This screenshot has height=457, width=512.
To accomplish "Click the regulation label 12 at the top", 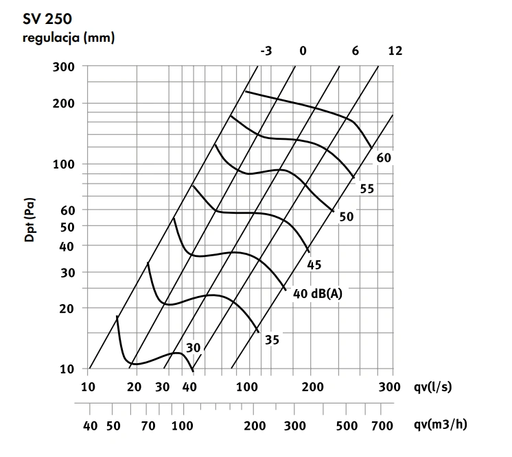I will point(395,51).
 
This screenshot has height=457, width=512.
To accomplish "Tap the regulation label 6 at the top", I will point(355,51).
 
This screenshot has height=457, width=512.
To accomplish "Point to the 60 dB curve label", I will point(384,158).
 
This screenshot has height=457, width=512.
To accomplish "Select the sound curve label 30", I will point(193,347).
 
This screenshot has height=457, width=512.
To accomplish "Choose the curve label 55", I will point(366,188).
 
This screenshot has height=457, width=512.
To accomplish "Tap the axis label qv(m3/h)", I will point(439,425).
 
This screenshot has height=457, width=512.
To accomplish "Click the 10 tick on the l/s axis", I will point(89,388).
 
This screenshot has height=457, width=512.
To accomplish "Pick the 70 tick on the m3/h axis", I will point(148,425).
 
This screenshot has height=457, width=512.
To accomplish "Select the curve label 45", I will point(314,264).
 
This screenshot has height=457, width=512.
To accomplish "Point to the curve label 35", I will point(272,338).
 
